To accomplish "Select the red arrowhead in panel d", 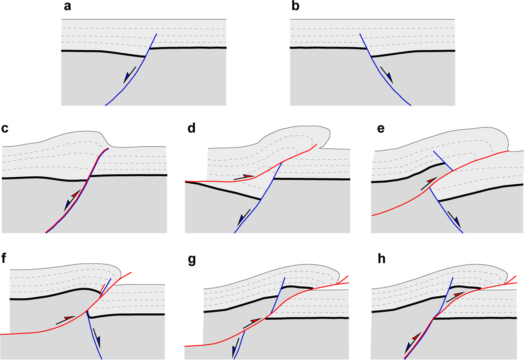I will pyautogui.click(x=248, y=176).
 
